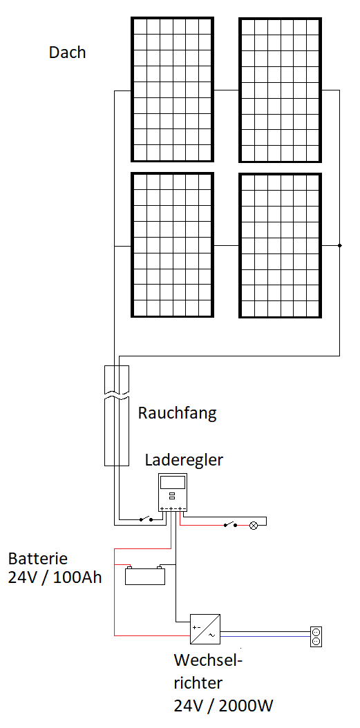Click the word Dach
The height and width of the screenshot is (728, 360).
coord(67,52)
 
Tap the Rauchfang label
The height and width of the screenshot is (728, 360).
coord(177,413)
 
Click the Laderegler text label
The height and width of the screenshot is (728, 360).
coord(184,460)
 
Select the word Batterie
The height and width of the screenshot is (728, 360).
coord(38,557)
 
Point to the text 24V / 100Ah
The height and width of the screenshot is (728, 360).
coord(55,578)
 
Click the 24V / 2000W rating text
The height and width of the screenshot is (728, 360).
coord(223,706)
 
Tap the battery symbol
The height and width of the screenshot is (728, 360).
coord(145,575)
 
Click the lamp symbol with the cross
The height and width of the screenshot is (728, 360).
coord(254,526)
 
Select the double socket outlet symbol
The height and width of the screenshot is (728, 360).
coord(316,637)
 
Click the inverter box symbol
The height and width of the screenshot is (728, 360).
coord(205,629)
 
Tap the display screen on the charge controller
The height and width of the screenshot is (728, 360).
coord(173,482)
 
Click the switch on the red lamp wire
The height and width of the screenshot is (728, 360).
coord(230,525)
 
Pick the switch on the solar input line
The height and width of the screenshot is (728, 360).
coord(146,519)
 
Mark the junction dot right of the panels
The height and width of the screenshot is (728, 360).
coord(339,245)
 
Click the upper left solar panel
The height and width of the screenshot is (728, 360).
coord(172,90)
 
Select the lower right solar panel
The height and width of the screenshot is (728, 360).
coord(280,245)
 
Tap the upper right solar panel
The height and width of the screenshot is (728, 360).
coord(280,90)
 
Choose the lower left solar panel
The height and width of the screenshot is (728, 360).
coord(172,245)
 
